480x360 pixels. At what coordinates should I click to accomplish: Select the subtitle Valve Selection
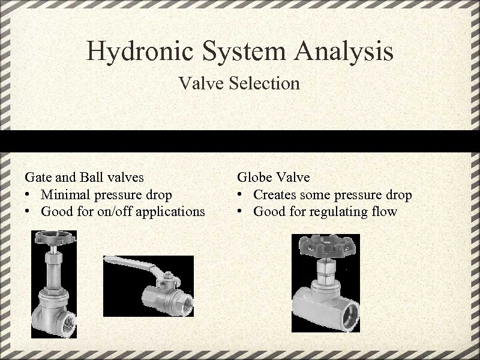click(x=239, y=83)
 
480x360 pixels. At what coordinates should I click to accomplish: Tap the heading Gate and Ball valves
click(x=84, y=177)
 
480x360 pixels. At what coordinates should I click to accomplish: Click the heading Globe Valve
click(x=274, y=177)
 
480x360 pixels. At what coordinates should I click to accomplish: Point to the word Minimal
click(x=64, y=194)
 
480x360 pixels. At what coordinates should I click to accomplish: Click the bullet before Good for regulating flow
click(x=239, y=211)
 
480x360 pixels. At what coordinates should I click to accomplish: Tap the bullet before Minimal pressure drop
click(x=28, y=194)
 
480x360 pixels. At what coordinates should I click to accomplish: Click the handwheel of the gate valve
click(x=54, y=238)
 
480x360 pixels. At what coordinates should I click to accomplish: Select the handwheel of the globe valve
click(x=325, y=245)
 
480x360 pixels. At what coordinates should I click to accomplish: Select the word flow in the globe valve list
click(x=385, y=211)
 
